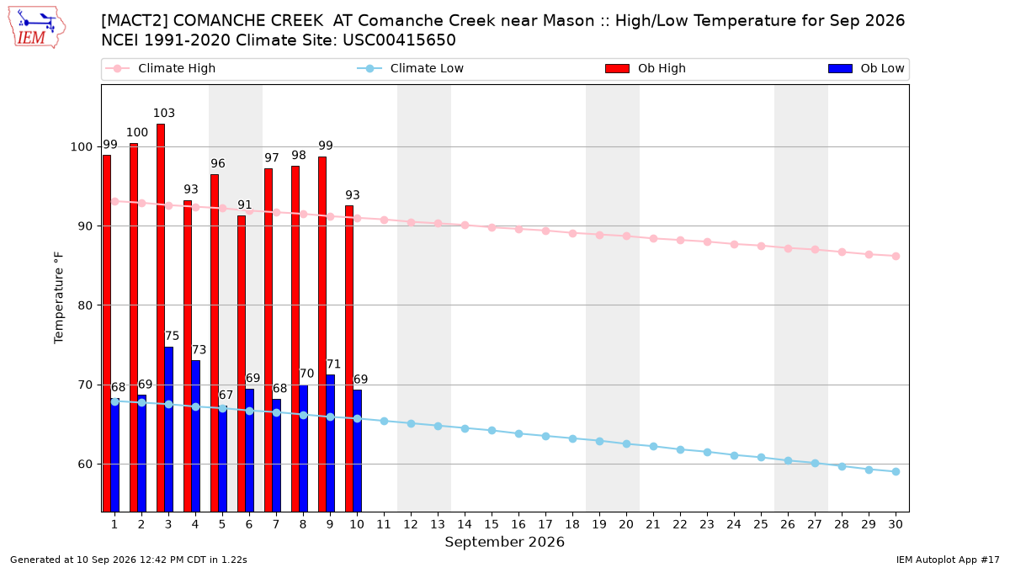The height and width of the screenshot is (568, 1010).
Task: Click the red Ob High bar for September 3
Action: [x=161, y=318]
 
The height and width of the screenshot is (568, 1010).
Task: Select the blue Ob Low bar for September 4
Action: [x=195, y=436]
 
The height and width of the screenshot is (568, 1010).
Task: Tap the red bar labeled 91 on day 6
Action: [x=242, y=364]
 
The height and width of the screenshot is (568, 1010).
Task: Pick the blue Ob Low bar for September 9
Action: [x=331, y=443]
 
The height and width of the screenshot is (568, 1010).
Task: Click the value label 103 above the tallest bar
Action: [x=163, y=113]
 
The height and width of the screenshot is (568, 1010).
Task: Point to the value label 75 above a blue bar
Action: [x=172, y=336]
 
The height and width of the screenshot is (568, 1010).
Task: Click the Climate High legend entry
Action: [x=160, y=68]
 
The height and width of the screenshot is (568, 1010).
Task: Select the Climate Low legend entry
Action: [x=411, y=68]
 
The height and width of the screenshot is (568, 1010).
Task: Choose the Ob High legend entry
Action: [x=646, y=68]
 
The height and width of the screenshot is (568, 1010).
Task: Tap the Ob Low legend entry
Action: [x=866, y=68]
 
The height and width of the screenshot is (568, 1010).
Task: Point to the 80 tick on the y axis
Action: [x=85, y=305]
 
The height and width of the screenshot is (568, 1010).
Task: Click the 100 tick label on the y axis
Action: [x=81, y=147]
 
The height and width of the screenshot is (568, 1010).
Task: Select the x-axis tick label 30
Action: [x=896, y=524]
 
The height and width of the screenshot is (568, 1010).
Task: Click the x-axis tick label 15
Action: [x=492, y=524]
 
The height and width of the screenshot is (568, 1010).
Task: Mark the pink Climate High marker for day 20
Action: [x=626, y=236]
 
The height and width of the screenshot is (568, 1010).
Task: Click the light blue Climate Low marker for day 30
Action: [x=896, y=471]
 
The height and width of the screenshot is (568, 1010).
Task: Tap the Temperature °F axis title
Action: [x=59, y=298]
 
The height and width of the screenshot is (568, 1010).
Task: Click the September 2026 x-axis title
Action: [x=504, y=542]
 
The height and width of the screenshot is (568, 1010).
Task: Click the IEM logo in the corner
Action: [x=36, y=28]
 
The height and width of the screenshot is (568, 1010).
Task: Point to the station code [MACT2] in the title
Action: [x=135, y=21]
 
